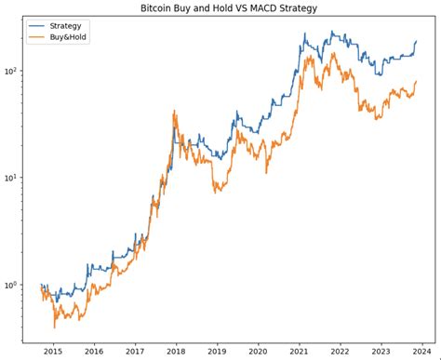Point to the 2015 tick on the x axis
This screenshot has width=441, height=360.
coord(53,352)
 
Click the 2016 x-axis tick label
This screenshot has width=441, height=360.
coord(94,352)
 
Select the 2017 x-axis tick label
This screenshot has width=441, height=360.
coord(135,352)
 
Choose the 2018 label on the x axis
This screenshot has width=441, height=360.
coord(176,352)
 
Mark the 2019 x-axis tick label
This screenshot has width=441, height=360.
coord(217,352)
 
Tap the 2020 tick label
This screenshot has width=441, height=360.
coord(258,352)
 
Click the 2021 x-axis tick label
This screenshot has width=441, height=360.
coord(299,352)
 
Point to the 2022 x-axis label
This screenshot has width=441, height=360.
coord(340,352)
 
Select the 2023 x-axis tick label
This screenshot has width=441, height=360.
coord(381,352)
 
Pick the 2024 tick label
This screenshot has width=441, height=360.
coord(421,352)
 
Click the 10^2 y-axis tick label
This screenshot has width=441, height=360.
coord(12,71)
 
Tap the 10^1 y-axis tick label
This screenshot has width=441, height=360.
coord(12,178)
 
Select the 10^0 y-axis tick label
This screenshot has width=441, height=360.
coord(12,285)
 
